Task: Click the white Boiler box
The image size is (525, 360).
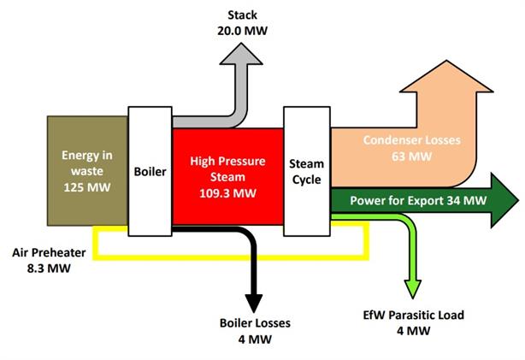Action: (150, 171)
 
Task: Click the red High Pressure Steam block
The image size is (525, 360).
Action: (227, 176)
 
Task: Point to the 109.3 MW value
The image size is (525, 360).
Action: (227, 192)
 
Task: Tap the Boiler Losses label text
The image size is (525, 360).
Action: (255, 323)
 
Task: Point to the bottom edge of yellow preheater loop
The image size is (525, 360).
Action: (231, 257)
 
